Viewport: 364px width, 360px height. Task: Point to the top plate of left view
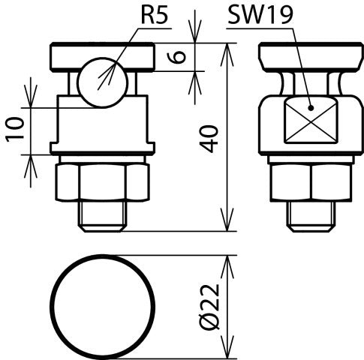(x=102, y=55)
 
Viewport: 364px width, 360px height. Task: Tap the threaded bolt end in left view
(x=103, y=218)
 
